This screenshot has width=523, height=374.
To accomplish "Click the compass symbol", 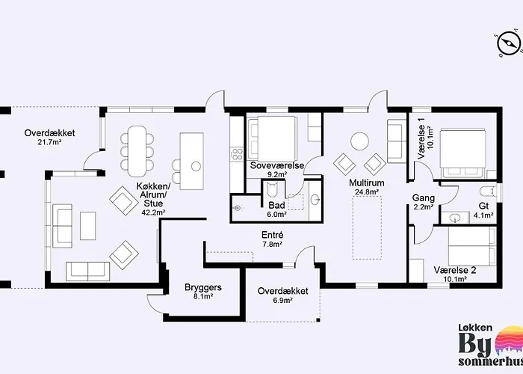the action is point(509,43).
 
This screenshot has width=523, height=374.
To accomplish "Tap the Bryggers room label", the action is point(203,287).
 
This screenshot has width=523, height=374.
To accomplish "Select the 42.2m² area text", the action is point(154,212).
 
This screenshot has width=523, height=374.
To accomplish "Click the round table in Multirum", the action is point(359,141).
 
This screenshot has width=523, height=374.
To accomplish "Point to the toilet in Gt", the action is point(487,192).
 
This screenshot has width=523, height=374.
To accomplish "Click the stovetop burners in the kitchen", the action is point(238,155).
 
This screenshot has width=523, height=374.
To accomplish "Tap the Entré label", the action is point(272,235).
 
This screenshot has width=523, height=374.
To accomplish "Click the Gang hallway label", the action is point(424,198).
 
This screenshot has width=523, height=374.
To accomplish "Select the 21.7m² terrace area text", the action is point(49,142).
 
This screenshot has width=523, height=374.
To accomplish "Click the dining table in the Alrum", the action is point(137,151).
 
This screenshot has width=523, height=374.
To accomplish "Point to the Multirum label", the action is point(367,183).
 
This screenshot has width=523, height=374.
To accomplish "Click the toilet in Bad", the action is point(273,191).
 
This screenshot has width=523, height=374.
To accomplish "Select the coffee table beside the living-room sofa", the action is point(87,226).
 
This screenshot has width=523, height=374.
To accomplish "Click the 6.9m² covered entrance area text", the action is point(283,300).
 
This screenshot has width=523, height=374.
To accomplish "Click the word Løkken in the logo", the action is point(475,328).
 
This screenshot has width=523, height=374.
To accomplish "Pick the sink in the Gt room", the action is point(454,218).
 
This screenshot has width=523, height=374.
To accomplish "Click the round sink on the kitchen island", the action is point(196,166).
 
